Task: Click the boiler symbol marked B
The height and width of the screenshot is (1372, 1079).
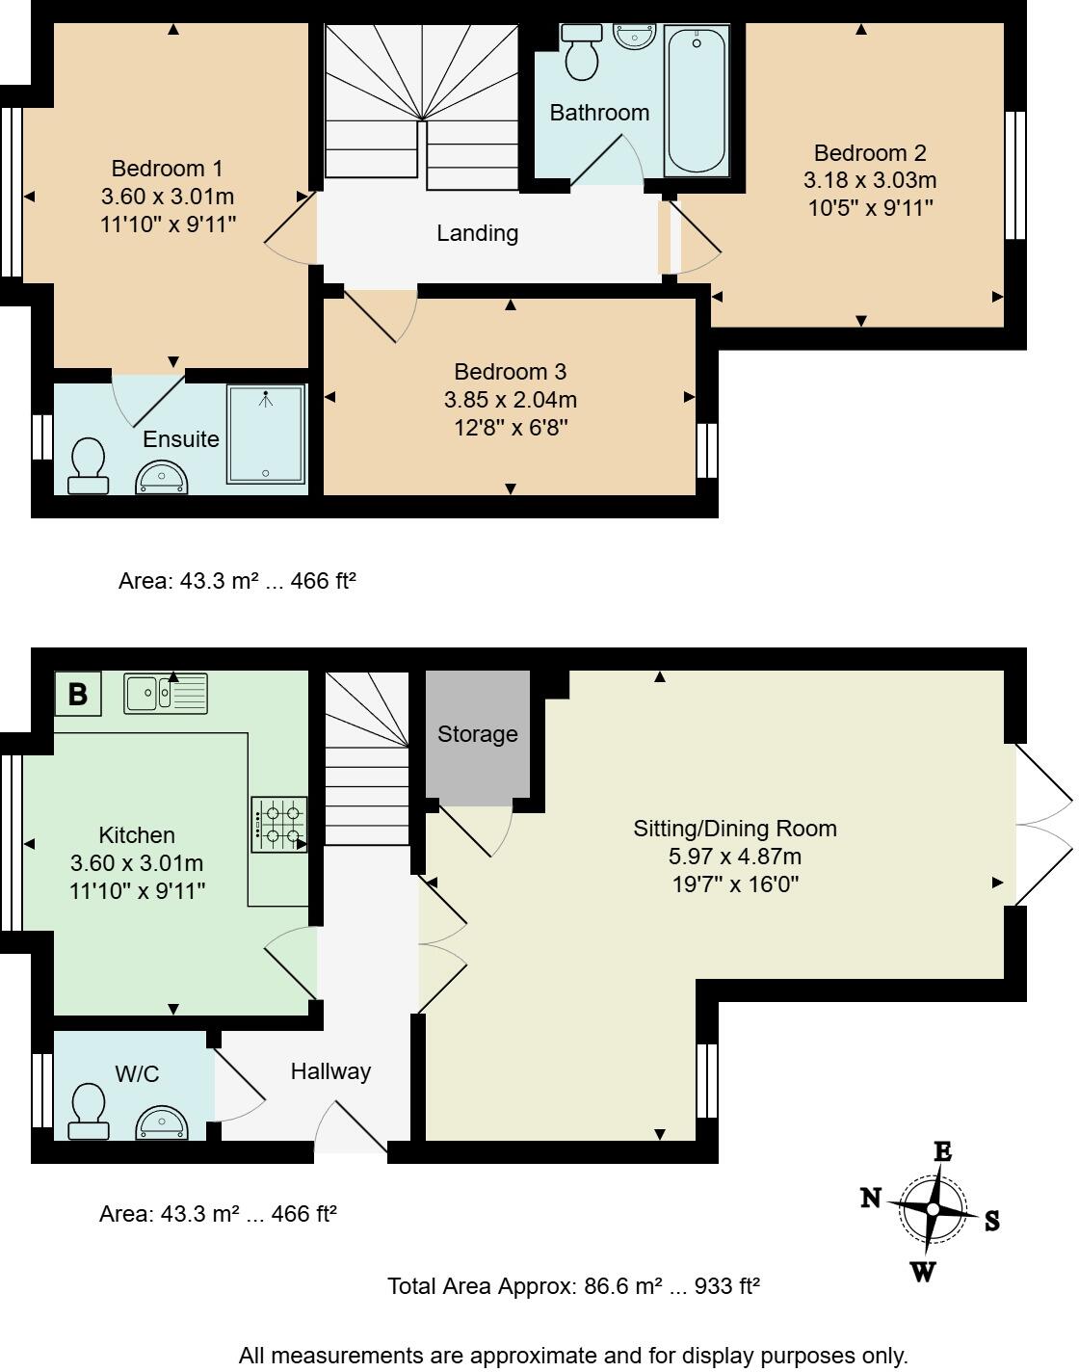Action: [78, 693]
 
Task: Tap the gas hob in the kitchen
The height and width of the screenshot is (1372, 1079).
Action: [279, 825]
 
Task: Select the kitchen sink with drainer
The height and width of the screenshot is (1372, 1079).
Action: [166, 693]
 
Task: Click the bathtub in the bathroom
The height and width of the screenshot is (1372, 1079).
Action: [697, 101]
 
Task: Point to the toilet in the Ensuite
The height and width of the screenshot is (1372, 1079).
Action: [88, 466]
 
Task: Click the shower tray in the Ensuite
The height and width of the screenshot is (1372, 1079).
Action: [266, 434]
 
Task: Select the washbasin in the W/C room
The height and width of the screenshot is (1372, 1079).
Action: [162, 1123]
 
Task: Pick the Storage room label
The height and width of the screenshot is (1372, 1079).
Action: [477, 734]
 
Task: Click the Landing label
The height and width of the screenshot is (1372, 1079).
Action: [477, 233]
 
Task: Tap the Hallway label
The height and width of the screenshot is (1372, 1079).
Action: [330, 1071]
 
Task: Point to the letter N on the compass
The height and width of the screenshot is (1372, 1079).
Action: [871, 1198]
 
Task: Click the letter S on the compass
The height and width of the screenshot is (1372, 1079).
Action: [991, 1221]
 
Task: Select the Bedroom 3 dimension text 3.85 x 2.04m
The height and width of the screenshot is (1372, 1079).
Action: [511, 400]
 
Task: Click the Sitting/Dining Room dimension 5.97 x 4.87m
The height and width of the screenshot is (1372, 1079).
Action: [735, 856]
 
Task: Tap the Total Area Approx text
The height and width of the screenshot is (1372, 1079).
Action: [573, 1286]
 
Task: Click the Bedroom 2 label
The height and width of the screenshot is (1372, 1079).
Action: [870, 153]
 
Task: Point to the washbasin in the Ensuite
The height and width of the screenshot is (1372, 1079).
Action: [162, 479]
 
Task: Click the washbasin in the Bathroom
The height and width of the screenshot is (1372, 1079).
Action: [635, 35]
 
